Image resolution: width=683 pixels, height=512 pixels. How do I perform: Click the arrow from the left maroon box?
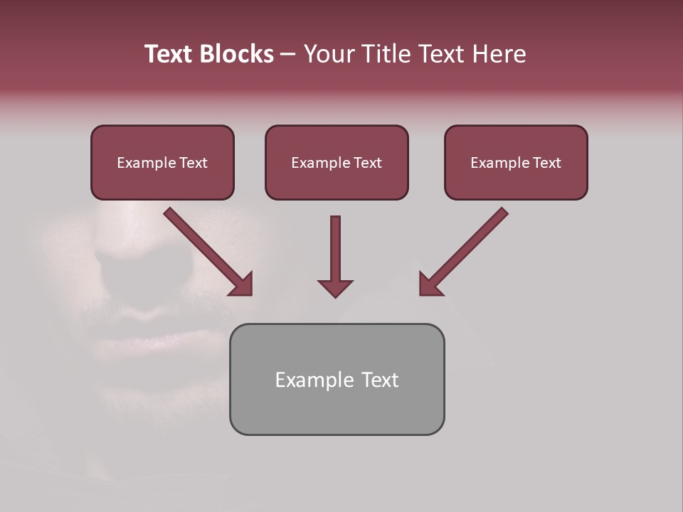[x=208, y=252]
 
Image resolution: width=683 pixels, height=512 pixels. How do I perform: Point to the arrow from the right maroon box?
[x=463, y=252]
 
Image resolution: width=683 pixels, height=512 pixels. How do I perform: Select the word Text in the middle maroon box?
[x=367, y=163]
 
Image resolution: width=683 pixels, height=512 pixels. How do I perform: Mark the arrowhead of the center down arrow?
[x=335, y=288]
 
